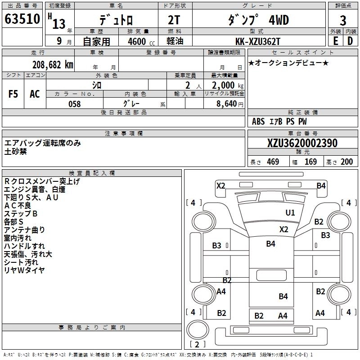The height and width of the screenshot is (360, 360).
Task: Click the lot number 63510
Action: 22,19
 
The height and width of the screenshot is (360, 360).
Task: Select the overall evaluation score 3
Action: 343,20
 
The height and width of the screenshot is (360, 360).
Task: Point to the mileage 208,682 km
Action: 53,65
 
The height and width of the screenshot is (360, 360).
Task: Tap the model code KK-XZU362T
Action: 258,41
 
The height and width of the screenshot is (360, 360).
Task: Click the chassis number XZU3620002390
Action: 302,143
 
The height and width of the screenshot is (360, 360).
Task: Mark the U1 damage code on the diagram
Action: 290,213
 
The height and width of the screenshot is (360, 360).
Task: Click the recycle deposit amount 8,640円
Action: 229,103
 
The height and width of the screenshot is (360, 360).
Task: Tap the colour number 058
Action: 74,103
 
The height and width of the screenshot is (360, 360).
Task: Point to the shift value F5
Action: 13,94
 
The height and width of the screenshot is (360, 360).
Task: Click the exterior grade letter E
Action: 335,41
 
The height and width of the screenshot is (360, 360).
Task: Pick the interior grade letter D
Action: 350,41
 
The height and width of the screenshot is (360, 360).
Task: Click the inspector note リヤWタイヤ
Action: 24,270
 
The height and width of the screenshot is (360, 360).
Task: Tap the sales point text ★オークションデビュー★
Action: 288,63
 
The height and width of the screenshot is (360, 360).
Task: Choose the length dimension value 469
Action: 273,162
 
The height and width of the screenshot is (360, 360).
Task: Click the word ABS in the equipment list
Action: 258,121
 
